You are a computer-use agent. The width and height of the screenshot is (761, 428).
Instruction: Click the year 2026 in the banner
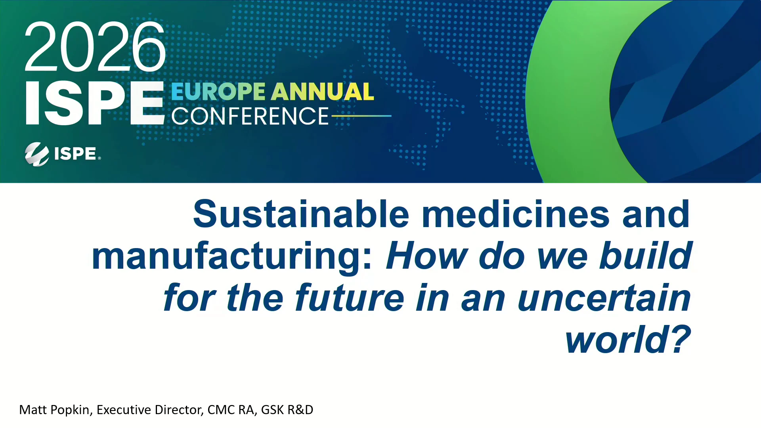point(95,47)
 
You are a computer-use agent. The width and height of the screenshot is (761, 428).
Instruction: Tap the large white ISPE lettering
point(95,103)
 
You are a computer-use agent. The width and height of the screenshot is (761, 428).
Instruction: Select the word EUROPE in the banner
point(218,92)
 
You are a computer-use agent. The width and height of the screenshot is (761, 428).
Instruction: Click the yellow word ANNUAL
point(323,92)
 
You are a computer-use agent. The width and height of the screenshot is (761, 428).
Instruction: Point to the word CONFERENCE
point(250,116)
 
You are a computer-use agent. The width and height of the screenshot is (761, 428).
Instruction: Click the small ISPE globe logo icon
point(37,154)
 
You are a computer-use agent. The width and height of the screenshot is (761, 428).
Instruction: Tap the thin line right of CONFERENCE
point(361,116)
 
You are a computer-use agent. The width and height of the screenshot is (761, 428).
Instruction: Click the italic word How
point(427,256)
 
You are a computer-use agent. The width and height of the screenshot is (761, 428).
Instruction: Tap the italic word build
point(646,256)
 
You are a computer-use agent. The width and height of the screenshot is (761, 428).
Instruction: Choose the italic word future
point(350,298)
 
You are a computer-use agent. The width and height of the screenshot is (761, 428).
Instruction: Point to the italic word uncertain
point(604,298)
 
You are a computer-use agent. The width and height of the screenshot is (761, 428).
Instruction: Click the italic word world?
point(628,340)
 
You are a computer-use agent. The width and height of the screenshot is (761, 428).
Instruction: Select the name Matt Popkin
point(54,410)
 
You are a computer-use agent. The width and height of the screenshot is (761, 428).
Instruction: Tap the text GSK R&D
point(287,410)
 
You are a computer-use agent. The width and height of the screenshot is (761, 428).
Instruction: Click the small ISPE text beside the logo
point(75,154)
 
